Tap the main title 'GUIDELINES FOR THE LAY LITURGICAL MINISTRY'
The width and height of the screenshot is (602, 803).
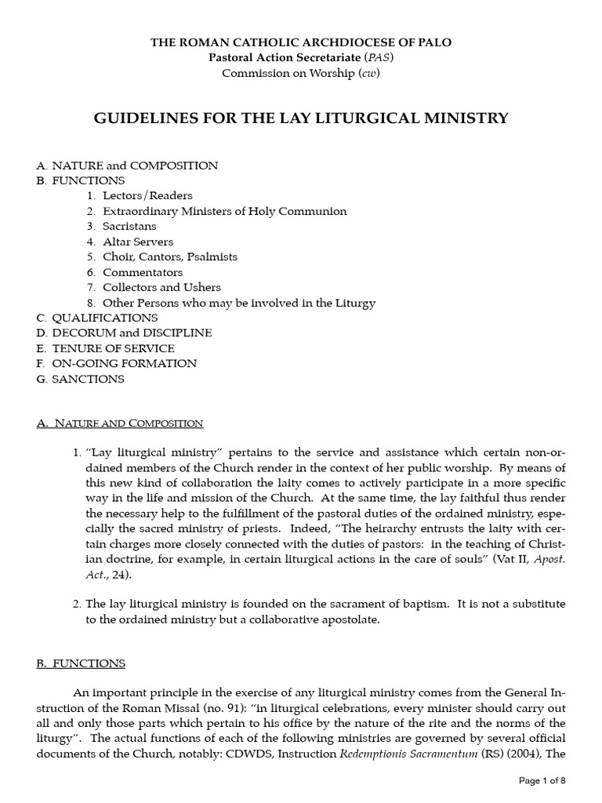301,118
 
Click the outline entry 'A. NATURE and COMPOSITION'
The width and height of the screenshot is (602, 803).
127,165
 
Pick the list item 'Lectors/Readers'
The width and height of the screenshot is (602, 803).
147,196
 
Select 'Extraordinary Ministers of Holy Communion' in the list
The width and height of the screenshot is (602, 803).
224,211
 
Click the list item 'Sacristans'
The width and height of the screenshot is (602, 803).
129,227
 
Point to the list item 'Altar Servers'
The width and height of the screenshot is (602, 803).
138,242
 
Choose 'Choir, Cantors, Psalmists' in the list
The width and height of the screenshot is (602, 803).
169,256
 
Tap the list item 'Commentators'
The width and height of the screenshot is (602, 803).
142,272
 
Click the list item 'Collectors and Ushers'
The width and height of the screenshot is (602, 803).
161,287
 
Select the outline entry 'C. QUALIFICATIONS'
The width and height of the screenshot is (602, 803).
97,318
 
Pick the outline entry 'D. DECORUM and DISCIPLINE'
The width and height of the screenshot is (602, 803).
124,332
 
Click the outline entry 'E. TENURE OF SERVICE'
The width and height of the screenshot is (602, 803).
106,348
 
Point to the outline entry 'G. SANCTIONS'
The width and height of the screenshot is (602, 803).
81,379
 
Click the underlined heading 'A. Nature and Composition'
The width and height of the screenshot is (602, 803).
120,423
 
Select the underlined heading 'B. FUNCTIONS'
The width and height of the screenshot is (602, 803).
81,663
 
